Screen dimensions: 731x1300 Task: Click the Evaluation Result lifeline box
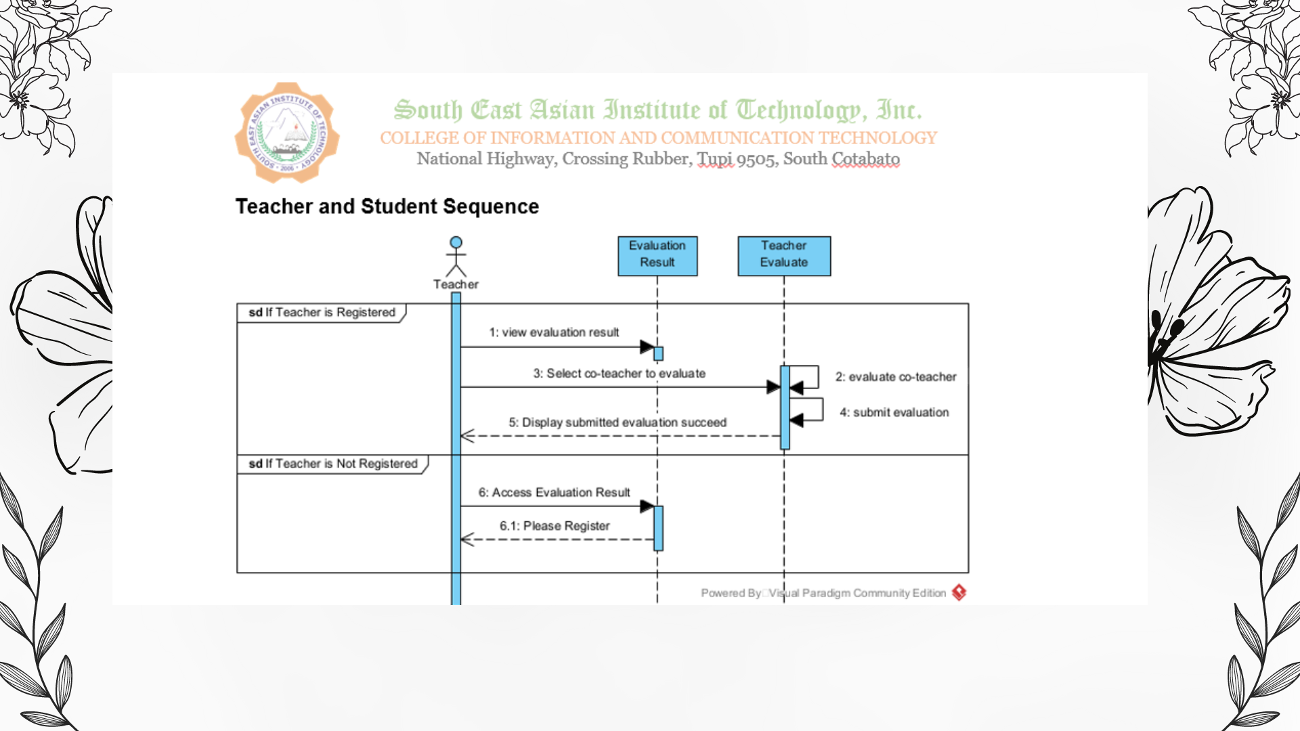(x=657, y=255)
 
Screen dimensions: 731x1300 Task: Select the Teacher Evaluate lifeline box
(x=784, y=255)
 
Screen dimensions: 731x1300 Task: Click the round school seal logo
(x=287, y=133)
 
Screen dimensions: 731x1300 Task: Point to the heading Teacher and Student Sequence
(x=387, y=206)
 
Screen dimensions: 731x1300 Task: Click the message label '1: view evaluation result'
(x=554, y=332)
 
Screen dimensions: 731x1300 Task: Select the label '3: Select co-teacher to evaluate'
(x=619, y=373)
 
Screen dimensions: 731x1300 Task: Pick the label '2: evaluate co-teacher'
(x=895, y=376)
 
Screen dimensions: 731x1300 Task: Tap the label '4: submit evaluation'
(x=894, y=412)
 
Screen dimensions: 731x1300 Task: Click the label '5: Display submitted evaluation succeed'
(x=617, y=422)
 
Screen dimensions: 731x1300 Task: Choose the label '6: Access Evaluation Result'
(x=554, y=492)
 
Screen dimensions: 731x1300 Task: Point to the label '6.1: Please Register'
(x=555, y=526)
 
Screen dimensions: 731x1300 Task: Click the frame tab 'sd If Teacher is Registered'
(x=322, y=312)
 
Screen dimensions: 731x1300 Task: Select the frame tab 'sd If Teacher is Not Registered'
(x=332, y=464)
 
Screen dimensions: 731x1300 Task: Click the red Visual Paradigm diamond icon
(x=959, y=593)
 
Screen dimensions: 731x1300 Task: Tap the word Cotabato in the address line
(x=865, y=159)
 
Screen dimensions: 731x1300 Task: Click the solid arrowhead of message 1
(x=647, y=347)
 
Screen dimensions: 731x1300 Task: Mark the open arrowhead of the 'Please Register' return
(x=467, y=539)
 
